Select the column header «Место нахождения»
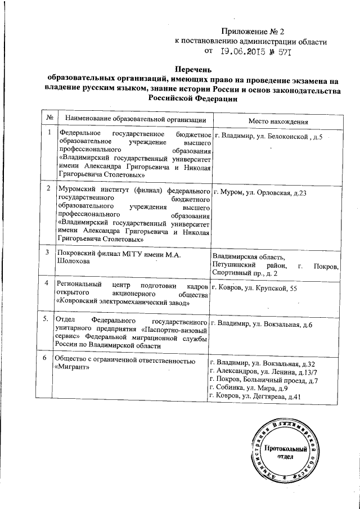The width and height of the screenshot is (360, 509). [x=276, y=121]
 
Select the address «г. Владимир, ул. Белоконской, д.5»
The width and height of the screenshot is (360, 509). [x=266, y=137]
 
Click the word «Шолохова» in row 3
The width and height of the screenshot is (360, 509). [x=75, y=261]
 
